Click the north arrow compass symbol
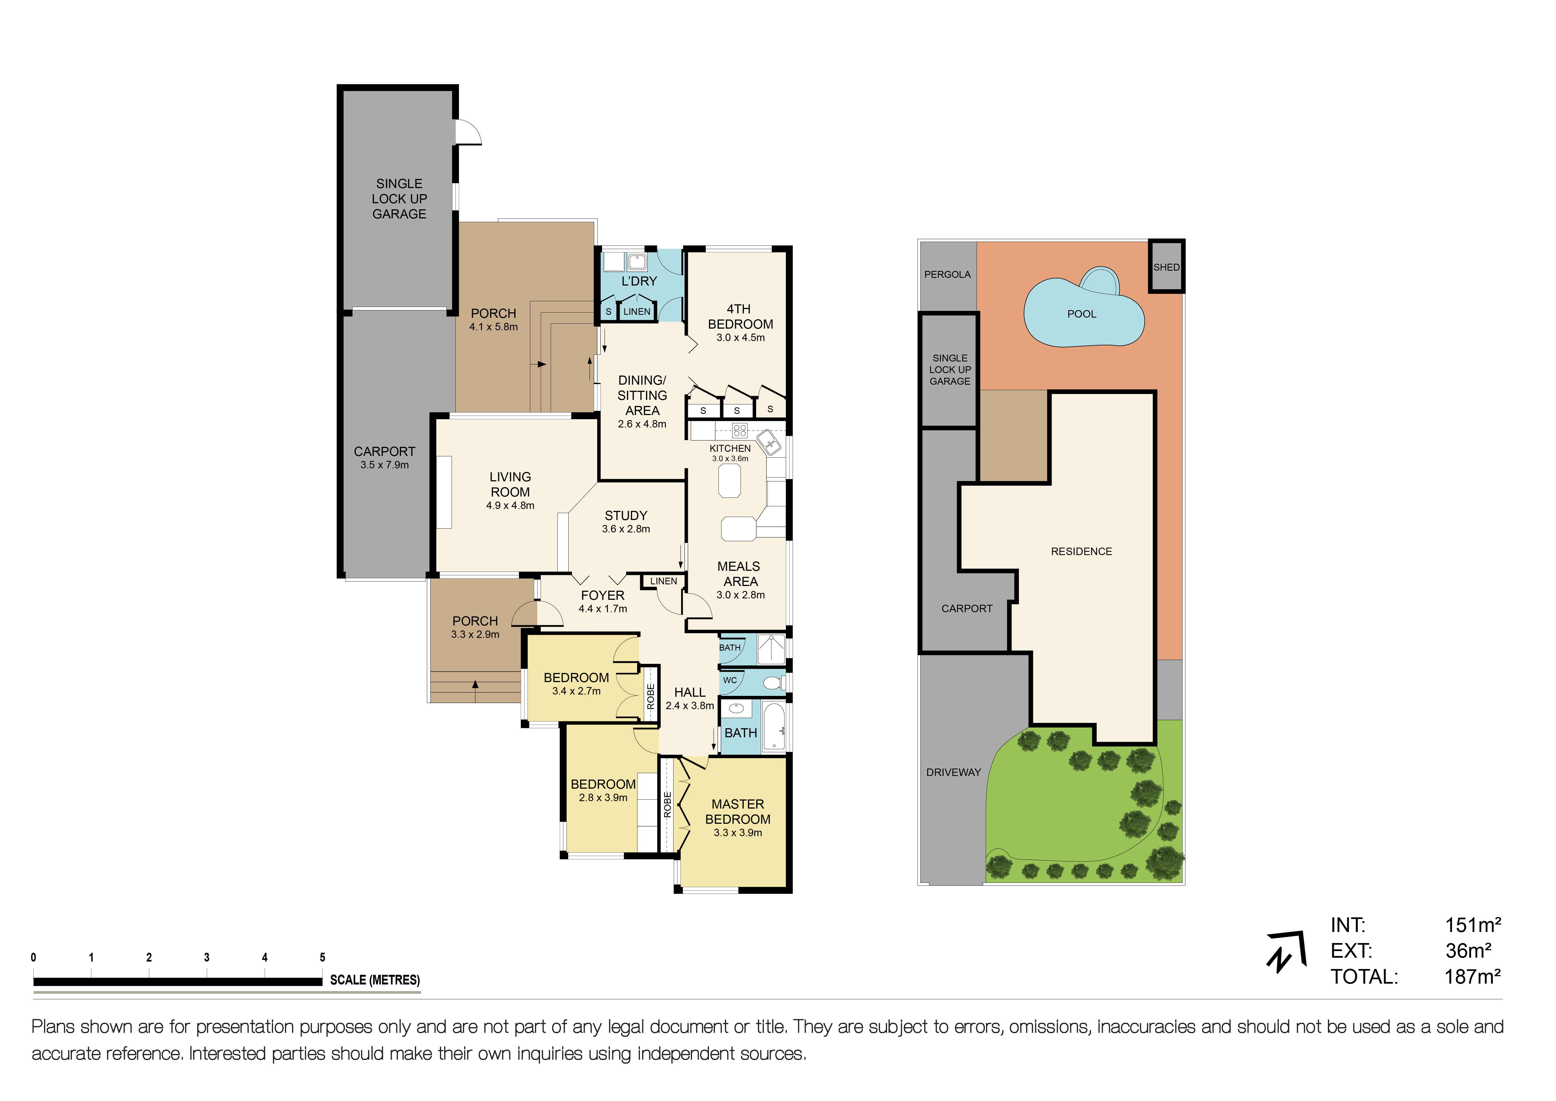pos(1285,952)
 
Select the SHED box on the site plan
pos(1166,266)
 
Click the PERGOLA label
pos(947,274)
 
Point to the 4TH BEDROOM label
pos(740,317)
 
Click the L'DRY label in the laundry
pos(639,281)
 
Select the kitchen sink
pos(769,443)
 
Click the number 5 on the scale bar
pos(323,957)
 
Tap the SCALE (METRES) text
pos(375,980)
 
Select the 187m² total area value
pos(1473,977)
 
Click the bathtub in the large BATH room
pos(773,726)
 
